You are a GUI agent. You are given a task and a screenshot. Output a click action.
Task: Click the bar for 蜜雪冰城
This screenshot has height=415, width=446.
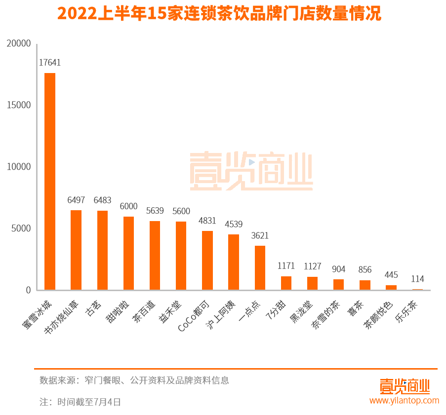[x=50, y=181]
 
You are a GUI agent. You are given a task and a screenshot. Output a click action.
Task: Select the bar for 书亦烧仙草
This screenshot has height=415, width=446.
[x=76, y=250]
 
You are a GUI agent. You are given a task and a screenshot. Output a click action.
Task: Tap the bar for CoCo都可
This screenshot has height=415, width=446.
[x=207, y=260]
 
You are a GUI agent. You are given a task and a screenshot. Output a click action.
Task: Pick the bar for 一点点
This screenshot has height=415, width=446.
[x=260, y=267]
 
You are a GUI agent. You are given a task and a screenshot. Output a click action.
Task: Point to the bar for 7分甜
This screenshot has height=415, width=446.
[x=286, y=283]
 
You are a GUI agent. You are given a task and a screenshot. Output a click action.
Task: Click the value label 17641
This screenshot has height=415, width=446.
[x=50, y=63]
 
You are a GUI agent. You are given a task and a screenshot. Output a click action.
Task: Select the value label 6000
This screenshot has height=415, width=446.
[x=128, y=206]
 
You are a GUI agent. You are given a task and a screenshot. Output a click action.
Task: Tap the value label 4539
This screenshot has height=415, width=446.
[x=234, y=225]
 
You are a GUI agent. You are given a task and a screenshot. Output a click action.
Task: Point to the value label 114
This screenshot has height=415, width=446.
[x=417, y=279]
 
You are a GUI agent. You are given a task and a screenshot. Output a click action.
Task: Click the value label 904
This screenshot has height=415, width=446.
[x=338, y=269]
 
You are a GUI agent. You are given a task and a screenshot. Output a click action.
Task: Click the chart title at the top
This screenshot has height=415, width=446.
[x=219, y=14]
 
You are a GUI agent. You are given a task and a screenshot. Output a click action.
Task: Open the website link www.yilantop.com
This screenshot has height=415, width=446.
[x=404, y=400]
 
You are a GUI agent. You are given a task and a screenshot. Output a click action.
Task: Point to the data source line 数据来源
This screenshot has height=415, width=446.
[x=134, y=380]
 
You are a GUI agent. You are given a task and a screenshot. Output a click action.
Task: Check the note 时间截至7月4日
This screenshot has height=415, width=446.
[x=80, y=402]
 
